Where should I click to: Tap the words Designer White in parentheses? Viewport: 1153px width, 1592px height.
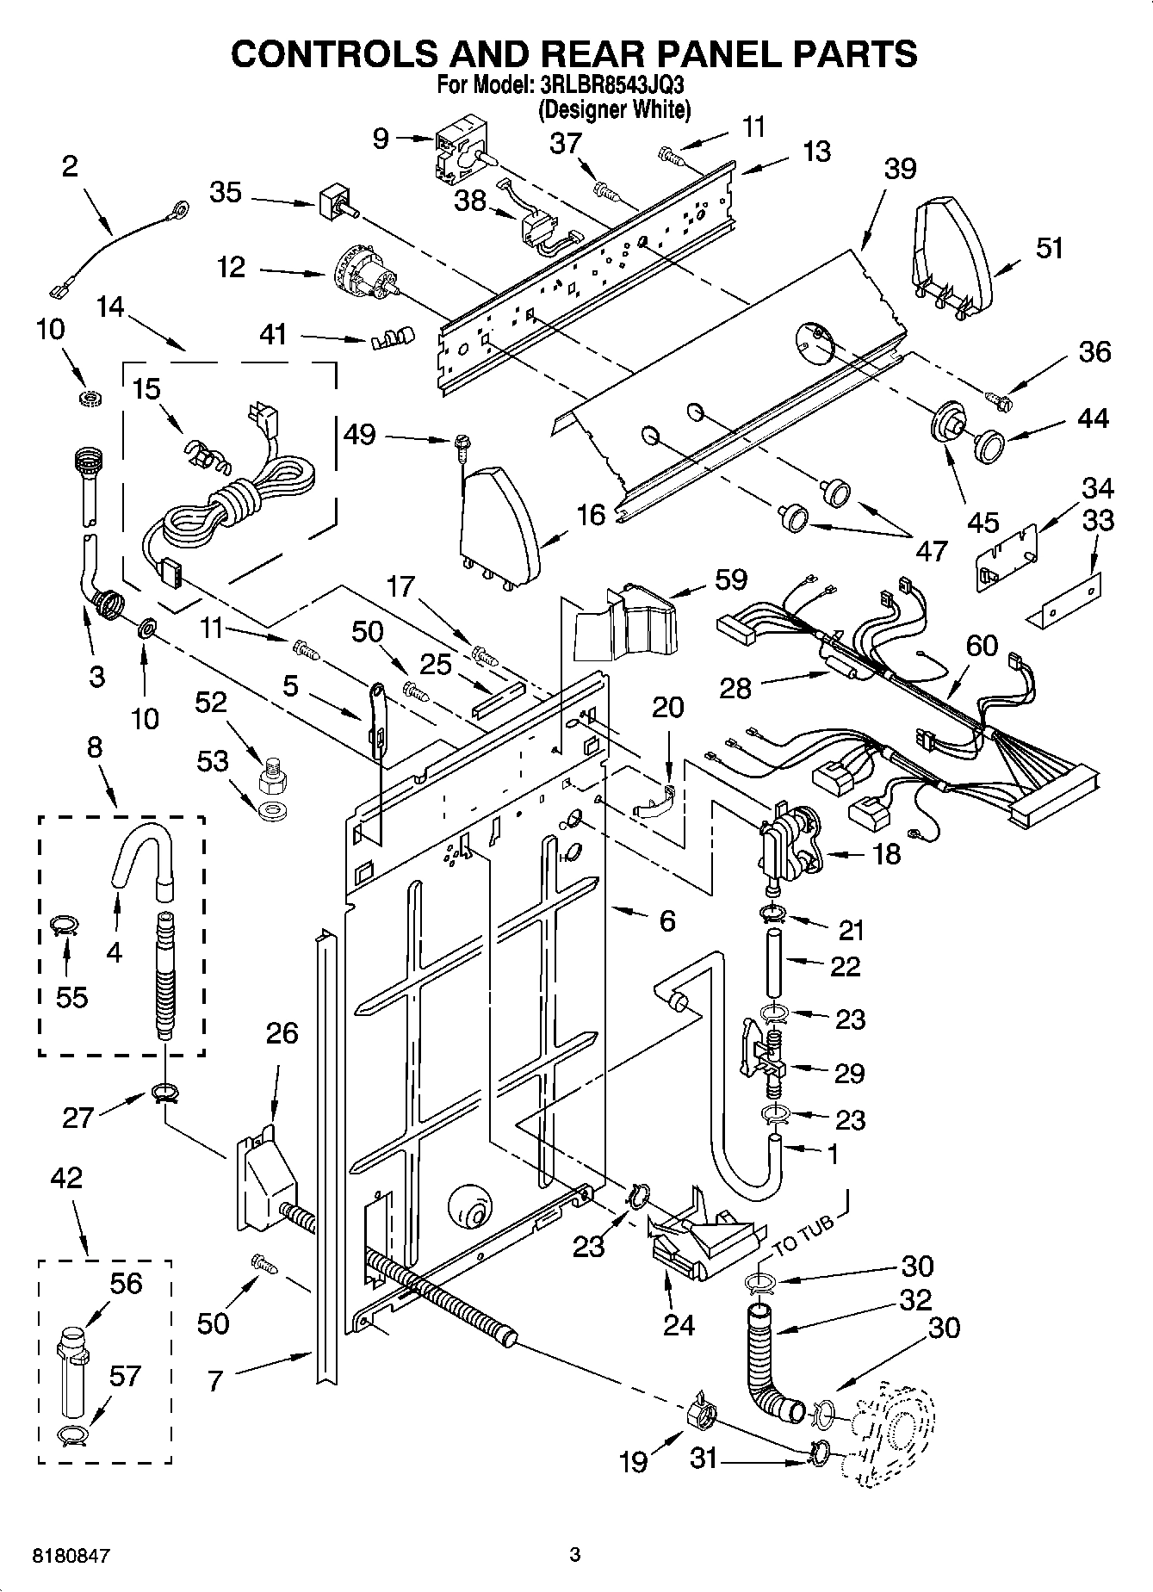tap(614, 109)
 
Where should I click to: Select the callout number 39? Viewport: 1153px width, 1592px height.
tap(900, 169)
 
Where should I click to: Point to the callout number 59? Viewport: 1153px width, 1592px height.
tap(730, 579)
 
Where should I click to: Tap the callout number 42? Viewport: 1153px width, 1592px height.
tap(67, 1178)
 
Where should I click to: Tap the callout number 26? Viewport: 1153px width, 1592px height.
tap(282, 1032)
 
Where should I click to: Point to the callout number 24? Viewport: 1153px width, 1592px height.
tap(679, 1324)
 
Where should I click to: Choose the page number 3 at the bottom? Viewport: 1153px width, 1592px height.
tap(575, 1554)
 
